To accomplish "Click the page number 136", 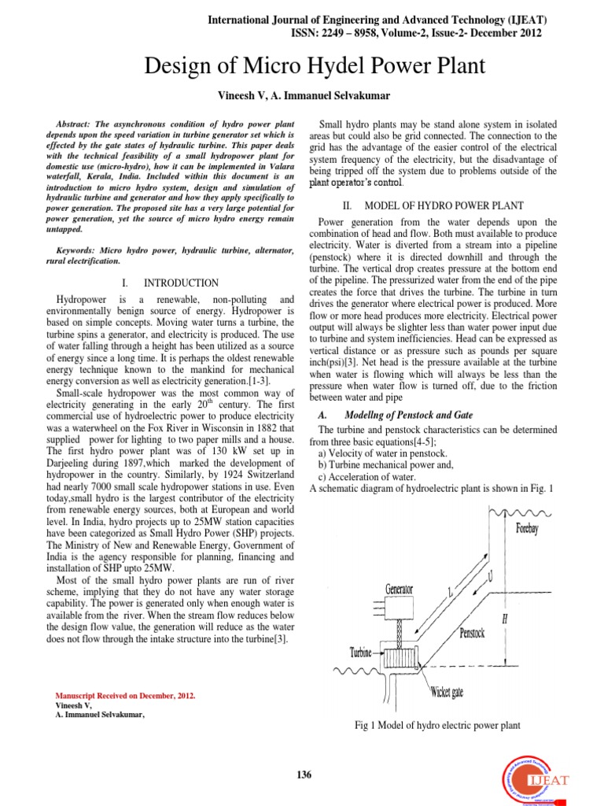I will pyautogui.click(x=304, y=775).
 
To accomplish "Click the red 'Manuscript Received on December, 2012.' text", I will pyautogui.click(x=126, y=697).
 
